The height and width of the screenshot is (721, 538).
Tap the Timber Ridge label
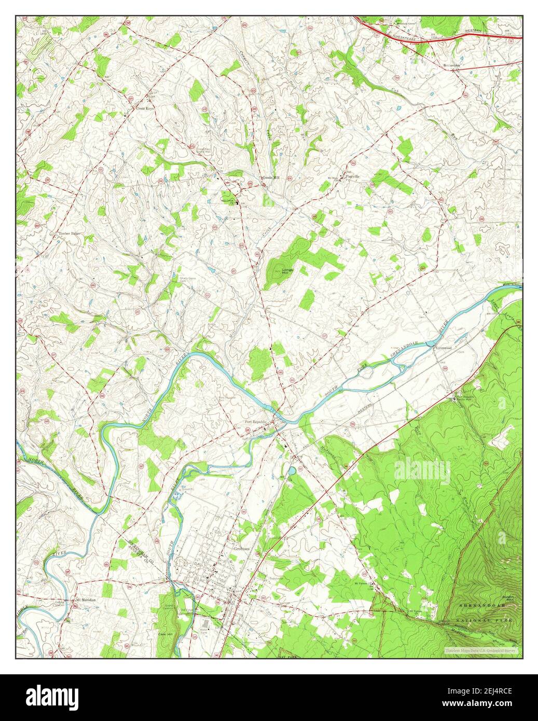[68, 234]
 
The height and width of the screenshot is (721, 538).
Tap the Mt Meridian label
[86, 600]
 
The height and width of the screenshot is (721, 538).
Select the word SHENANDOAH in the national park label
[485, 606]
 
